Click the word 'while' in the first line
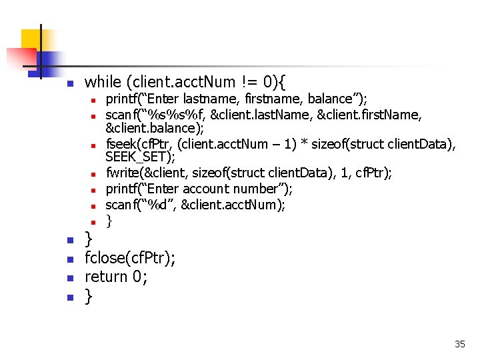(x=101, y=82)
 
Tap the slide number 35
(x=459, y=344)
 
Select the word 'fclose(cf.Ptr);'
(x=130, y=258)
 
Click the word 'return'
(x=106, y=276)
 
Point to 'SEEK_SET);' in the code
(x=140, y=157)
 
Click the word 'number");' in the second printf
(x=272, y=189)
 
